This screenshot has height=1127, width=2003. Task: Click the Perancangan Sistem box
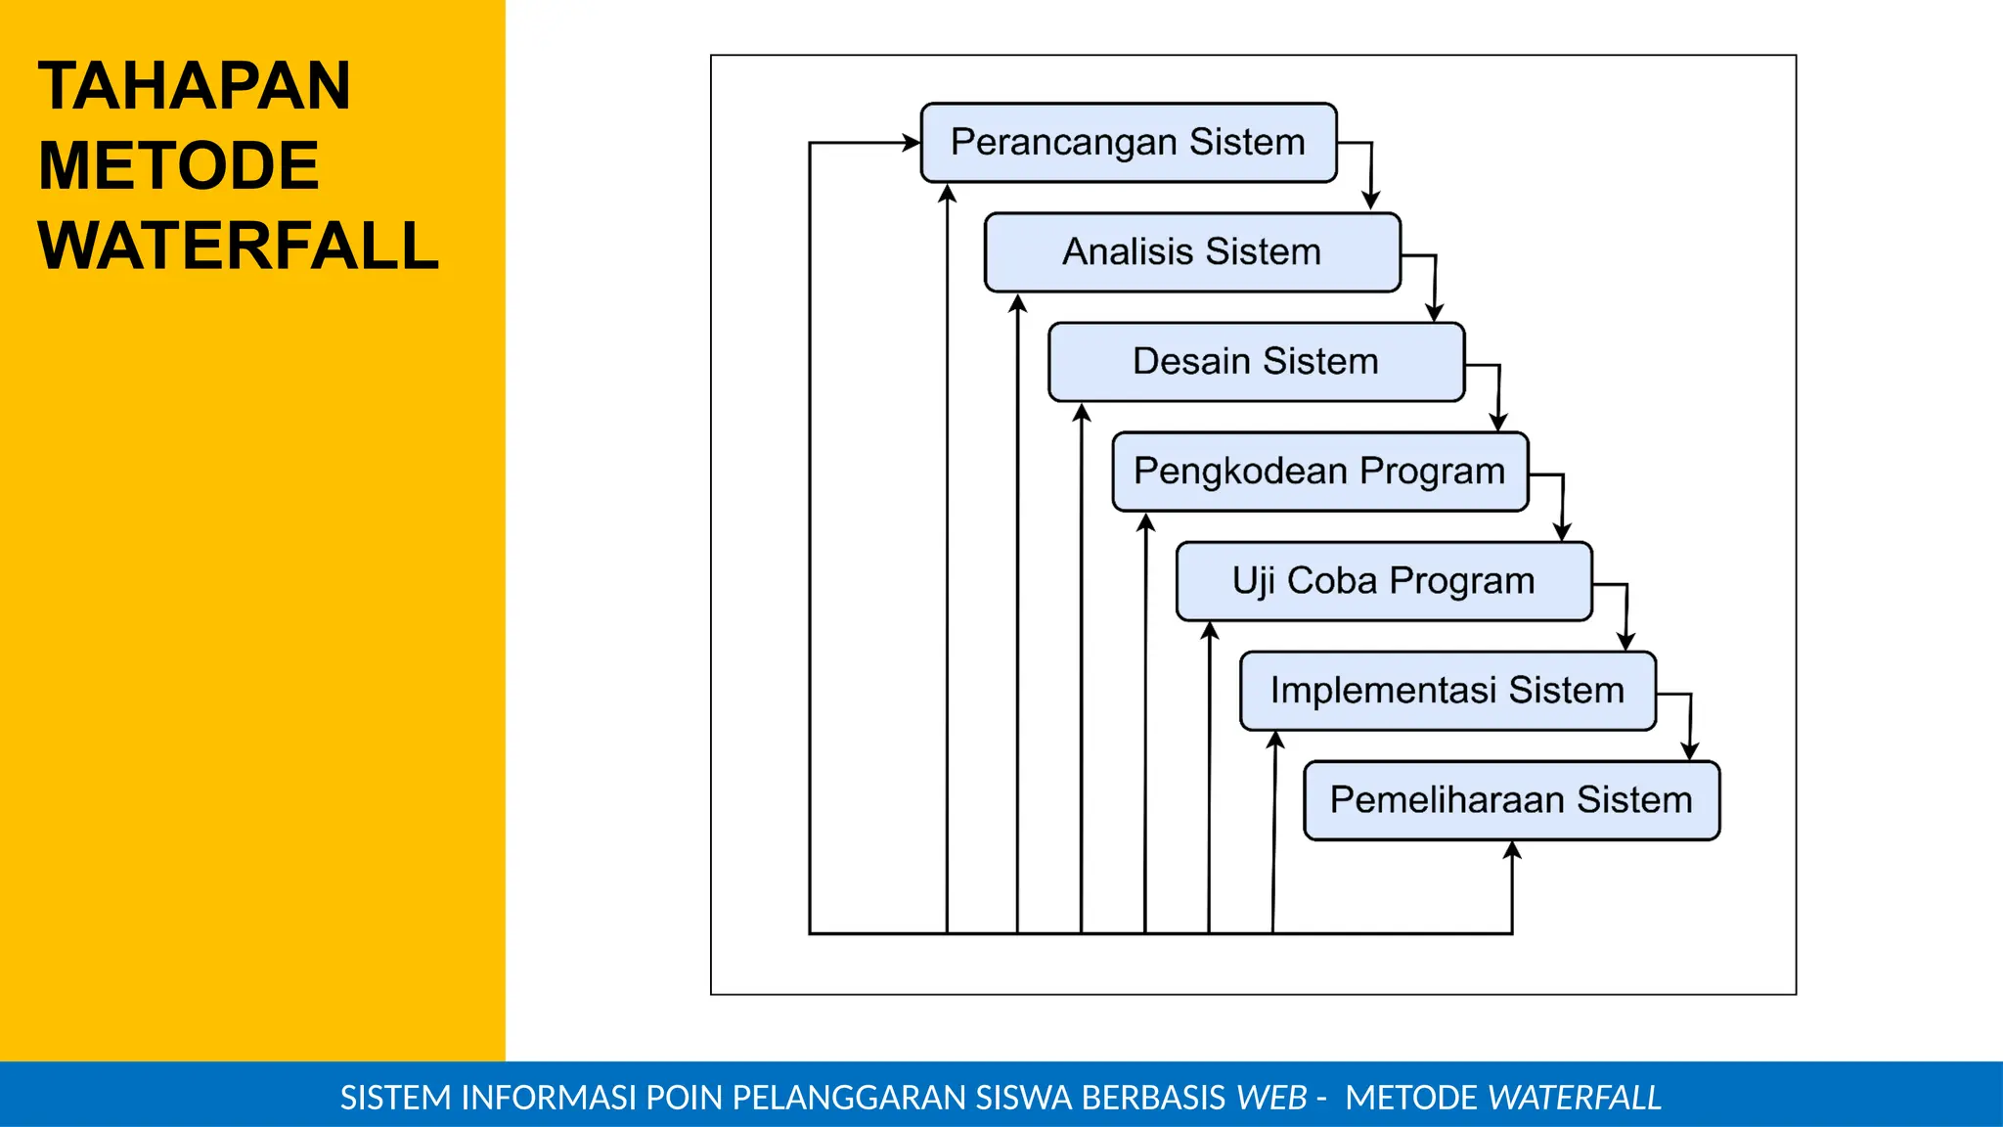(1128, 143)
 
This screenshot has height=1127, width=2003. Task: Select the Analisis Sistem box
(1191, 252)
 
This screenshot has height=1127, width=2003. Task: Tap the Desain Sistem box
(1255, 362)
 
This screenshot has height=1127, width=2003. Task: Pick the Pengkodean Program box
(1319, 472)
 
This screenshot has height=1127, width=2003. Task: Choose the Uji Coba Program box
(1383, 581)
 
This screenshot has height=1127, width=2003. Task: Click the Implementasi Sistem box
(1447, 691)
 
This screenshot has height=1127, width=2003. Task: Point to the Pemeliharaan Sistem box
(1511, 800)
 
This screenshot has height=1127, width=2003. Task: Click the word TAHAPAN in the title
(194, 86)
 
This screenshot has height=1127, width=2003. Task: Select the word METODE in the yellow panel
(178, 165)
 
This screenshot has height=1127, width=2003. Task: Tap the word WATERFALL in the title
(238, 246)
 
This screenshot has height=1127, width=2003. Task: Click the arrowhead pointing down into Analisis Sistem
(1370, 201)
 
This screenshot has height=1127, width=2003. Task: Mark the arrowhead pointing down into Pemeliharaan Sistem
(1689, 750)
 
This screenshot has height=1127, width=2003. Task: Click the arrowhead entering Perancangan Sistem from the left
(911, 143)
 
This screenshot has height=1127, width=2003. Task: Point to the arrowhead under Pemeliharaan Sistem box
(1512, 851)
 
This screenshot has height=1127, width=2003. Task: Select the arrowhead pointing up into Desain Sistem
(1081, 413)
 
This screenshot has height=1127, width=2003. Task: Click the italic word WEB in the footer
(1271, 1098)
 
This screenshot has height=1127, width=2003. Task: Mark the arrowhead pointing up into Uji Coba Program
(1209, 632)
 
